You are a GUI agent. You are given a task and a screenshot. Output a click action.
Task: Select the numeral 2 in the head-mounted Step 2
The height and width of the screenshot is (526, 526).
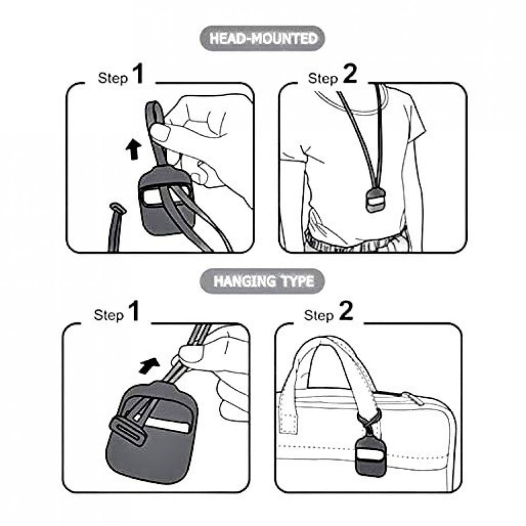350,74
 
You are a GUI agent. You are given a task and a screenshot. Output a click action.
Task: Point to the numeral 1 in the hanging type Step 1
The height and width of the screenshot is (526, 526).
134,311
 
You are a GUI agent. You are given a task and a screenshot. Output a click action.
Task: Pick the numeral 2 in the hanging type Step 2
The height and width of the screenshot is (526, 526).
346,311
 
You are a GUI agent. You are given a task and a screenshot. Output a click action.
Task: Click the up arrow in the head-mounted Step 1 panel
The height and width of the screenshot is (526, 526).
133,150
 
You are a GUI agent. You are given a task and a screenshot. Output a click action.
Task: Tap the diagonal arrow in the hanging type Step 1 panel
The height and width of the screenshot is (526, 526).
149,365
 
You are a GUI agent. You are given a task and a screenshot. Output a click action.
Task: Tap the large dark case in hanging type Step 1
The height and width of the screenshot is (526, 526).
153,433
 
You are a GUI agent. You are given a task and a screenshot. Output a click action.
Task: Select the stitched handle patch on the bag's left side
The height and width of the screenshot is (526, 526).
288,423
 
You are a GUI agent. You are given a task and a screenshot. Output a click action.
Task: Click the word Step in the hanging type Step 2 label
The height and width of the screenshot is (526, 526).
319,315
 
